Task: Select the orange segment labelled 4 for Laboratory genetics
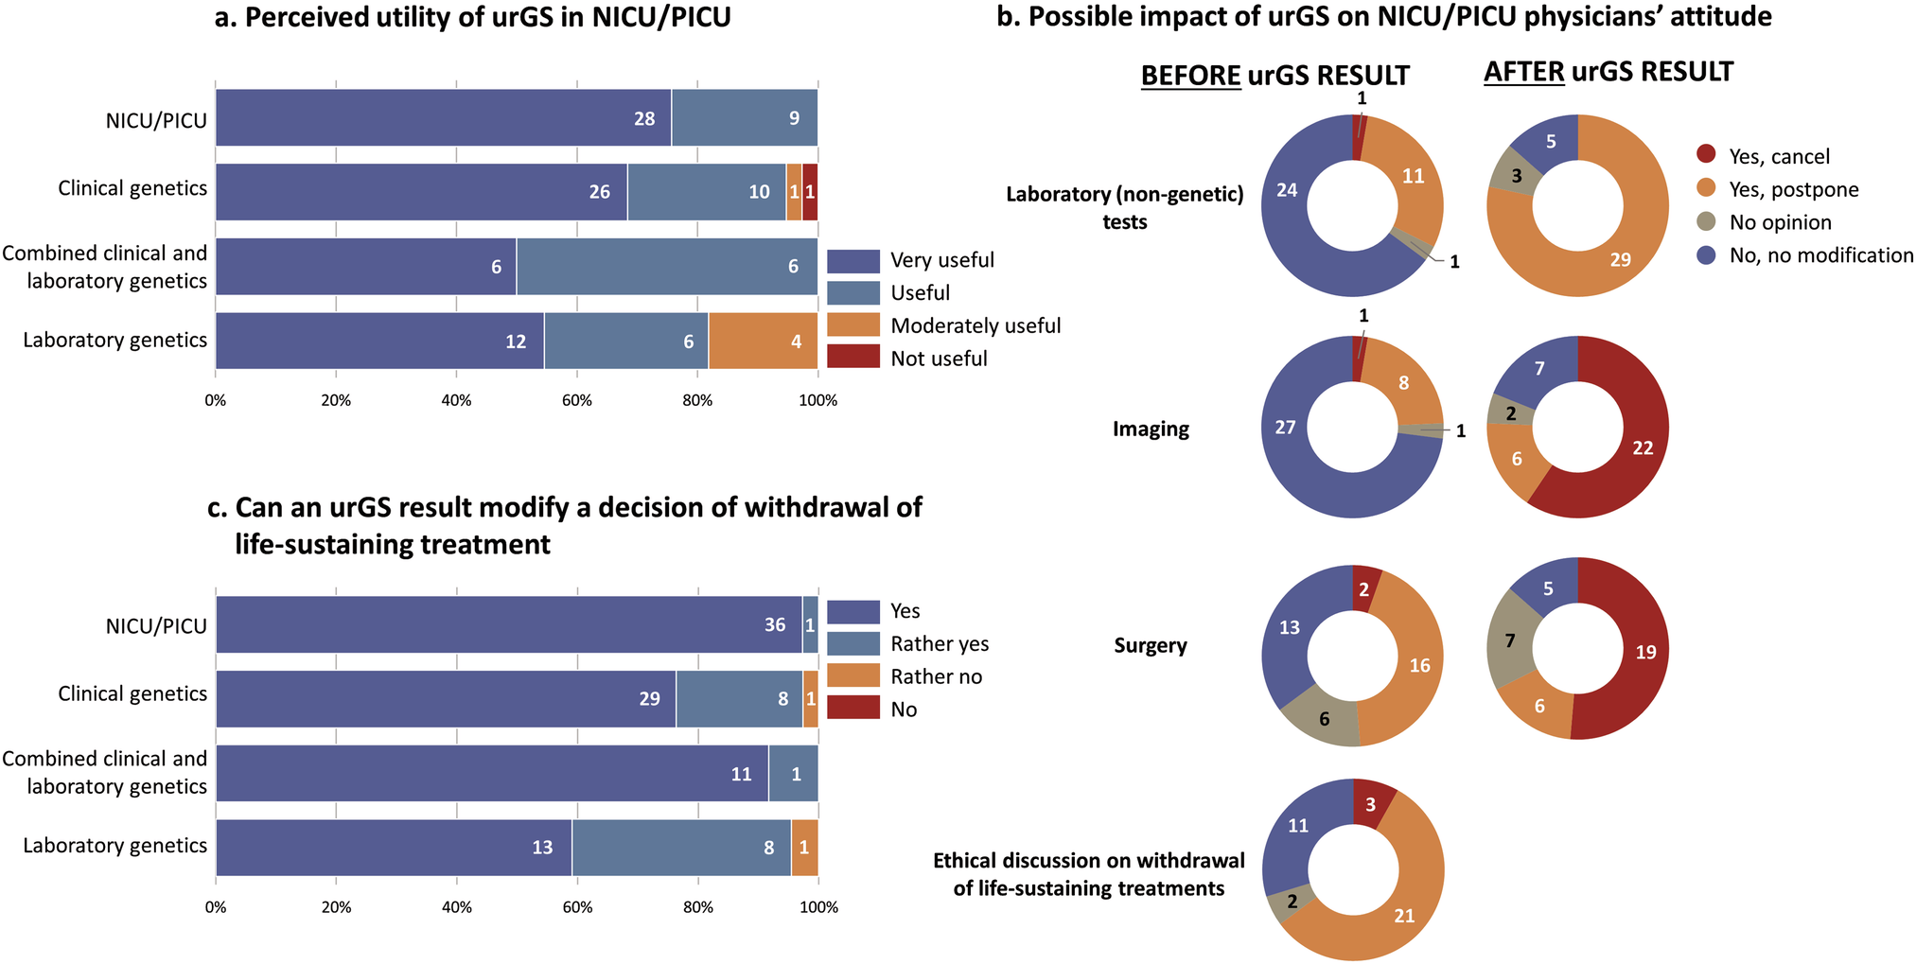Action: (763, 341)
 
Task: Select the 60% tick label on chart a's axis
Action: (577, 400)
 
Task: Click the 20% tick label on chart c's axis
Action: (336, 907)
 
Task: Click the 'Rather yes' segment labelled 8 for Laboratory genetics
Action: (681, 848)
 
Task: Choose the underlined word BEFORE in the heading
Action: (1190, 76)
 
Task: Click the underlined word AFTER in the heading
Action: (1523, 72)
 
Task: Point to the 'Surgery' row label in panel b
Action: (1150, 645)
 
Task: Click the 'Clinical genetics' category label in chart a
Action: (132, 188)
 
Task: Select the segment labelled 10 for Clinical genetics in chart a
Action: (707, 192)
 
